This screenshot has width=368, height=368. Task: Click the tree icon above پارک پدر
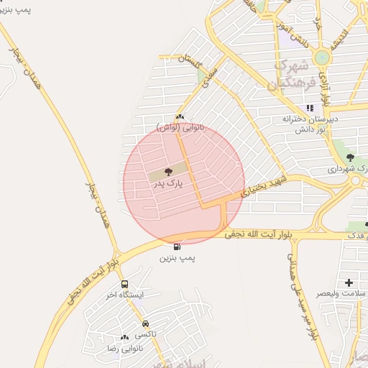point(168,172)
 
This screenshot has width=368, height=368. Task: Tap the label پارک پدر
point(168,184)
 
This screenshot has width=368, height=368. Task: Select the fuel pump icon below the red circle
point(177,247)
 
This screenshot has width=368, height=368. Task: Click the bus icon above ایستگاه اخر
point(125,285)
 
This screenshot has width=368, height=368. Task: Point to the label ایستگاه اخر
point(125,295)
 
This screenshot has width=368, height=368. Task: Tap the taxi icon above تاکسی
point(146,324)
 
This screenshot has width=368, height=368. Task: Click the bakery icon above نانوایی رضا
point(125,337)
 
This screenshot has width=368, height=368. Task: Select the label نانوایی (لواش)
point(180,127)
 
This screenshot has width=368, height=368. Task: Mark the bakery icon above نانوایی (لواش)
point(180,116)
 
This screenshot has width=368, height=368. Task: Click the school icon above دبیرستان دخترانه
point(310,108)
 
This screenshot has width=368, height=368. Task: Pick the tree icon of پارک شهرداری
point(350,157)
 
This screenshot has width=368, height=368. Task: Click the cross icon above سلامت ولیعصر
point(349,282)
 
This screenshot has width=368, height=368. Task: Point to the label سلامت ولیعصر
point(345,294)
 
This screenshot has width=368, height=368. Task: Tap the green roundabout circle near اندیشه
point(321,57)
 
